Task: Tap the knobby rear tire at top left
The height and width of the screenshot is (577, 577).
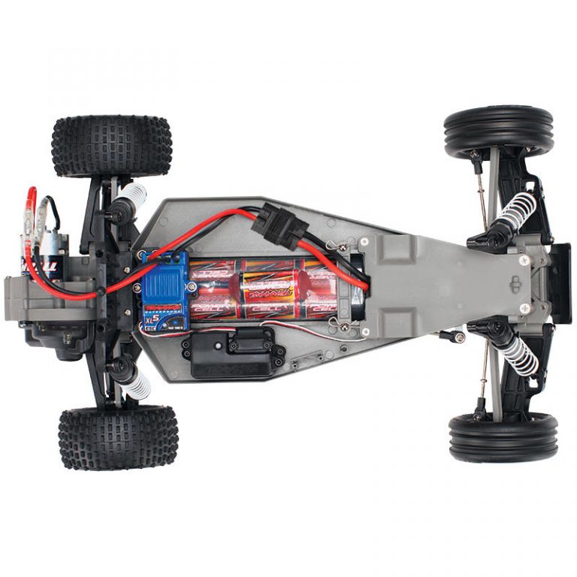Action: [111, 146]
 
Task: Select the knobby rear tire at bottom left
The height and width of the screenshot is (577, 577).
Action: [118, 437]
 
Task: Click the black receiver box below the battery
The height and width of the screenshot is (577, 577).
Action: [228, 351]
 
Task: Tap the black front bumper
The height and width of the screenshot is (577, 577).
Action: [560, 282]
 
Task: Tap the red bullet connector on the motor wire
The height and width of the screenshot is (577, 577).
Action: [32, 198]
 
